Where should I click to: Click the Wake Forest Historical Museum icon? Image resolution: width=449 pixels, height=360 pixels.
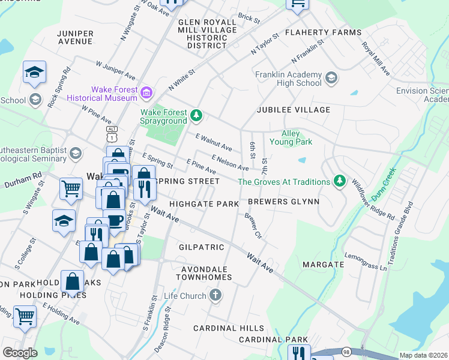[146, 92]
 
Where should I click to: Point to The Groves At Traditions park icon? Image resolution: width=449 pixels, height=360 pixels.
[340, 181]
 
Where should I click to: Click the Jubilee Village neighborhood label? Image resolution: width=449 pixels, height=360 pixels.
[294, 110]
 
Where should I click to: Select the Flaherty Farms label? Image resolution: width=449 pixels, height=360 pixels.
[323, 32]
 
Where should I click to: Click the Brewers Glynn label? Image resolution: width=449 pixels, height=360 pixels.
[283, 202]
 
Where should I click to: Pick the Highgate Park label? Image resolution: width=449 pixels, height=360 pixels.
[204, 204]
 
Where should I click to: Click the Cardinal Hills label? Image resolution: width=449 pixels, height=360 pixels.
[228, 328]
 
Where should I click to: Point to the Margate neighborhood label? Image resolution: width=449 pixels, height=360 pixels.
[323, 264]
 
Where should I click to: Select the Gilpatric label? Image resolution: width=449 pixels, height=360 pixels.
[202, 247]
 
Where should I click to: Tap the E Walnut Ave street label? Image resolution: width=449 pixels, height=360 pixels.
[214, 142]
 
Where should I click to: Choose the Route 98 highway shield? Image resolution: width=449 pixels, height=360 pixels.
[347, 352]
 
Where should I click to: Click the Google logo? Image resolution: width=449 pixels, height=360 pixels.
[20, 353]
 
